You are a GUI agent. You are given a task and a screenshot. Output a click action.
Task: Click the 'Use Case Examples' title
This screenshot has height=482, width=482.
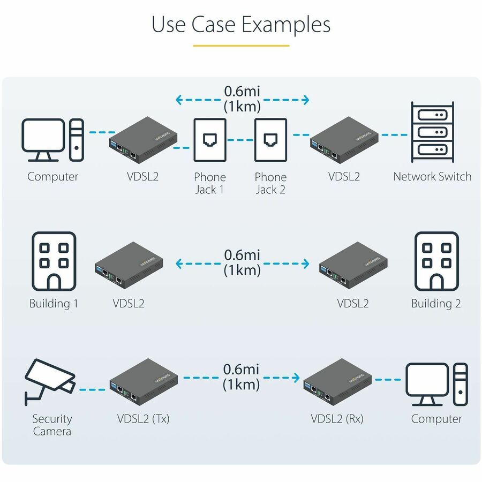(x=241, y=25)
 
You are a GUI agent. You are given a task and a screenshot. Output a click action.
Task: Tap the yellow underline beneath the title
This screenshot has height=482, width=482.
(x=241, y=46)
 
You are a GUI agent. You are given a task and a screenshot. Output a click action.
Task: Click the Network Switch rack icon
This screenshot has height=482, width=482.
(x=432, y=132)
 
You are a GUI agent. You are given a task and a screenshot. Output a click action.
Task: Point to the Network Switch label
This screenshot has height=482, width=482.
(x=432, y=177)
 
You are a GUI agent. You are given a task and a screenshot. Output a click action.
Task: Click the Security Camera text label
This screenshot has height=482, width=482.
(x=52, y=425)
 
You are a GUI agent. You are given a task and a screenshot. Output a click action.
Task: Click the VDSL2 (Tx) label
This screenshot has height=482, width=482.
(x=144, y=419)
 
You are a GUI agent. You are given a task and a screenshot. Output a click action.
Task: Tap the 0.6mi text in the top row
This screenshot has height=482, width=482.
(x=242, y=91)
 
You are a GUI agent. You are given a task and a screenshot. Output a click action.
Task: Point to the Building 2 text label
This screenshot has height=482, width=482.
(x=436, y=304)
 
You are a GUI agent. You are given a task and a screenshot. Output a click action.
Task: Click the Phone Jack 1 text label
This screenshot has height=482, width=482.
(x=210, y=183)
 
